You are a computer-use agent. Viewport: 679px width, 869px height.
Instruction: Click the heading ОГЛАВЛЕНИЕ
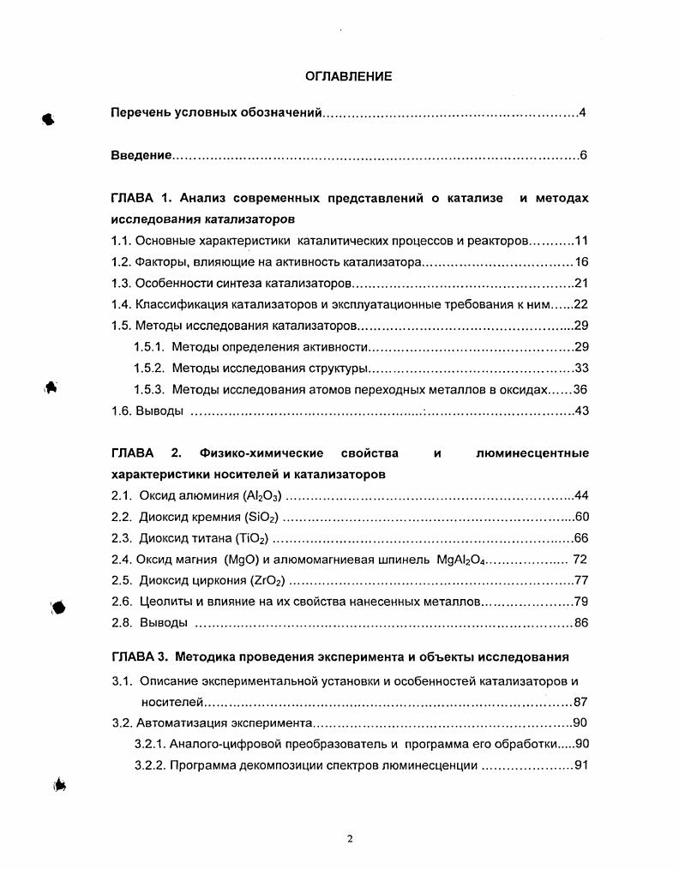(349, 76)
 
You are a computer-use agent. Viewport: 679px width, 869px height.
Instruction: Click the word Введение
(141, 156)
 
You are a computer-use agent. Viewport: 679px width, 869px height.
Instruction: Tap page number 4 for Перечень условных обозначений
(582, 113)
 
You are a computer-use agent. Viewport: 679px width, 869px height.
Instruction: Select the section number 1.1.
(121, 242)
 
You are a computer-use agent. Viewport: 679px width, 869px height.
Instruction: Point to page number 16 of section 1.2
(580, 262)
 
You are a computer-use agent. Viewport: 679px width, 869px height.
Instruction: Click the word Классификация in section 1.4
(177, 304)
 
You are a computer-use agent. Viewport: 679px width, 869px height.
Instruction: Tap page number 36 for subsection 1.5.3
(580, 389)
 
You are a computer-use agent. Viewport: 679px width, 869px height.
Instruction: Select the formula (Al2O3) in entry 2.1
(262, 495)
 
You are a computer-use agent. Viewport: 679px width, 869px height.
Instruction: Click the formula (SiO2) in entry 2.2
(261, 517)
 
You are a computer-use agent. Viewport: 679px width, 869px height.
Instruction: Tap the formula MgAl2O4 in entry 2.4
(466, 560)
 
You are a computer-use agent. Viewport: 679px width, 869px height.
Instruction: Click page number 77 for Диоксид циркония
(580, 580)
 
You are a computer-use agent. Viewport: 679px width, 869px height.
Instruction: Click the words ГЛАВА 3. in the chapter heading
(141, 657)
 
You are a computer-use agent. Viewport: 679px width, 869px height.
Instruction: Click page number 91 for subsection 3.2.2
(580, 765)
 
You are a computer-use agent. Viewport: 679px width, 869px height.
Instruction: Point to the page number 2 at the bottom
(350, 838)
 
